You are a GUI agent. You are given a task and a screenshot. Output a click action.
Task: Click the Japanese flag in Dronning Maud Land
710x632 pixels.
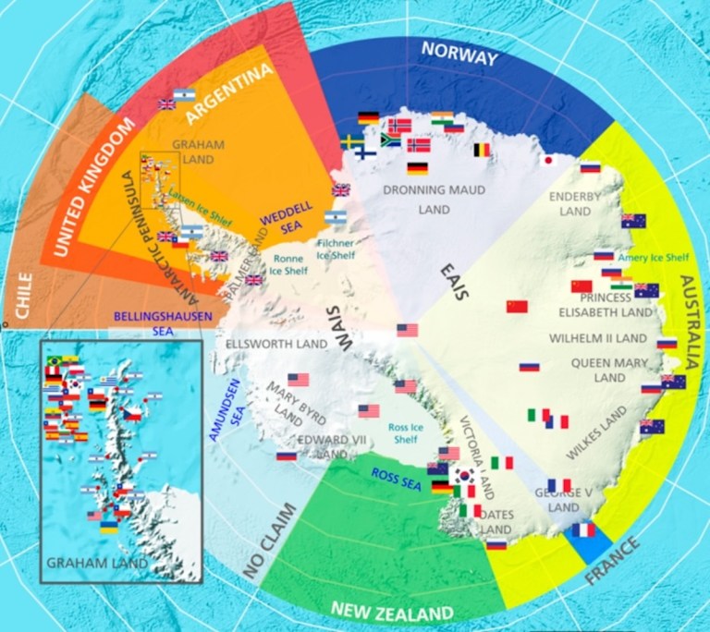[546, 160]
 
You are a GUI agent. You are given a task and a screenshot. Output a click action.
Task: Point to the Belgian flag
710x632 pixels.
[482, 149]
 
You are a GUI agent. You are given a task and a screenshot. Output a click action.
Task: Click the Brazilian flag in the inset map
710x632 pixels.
[55, 359]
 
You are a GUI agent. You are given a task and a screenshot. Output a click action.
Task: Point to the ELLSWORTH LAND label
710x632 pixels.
[277, 344]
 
